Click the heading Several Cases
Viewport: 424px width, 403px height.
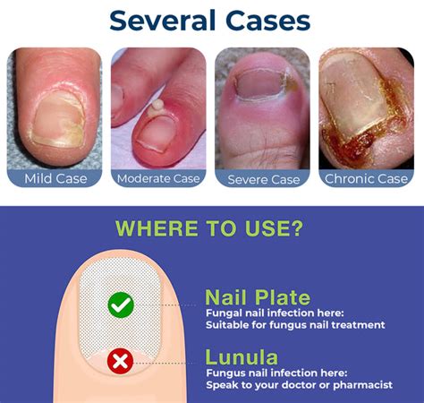pos(211,21)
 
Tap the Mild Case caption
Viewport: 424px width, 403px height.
pos(55,178)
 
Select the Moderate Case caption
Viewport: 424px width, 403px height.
pos(159,178)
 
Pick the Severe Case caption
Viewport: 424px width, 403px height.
pos(263,178)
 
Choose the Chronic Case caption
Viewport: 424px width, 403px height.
pos(368,178)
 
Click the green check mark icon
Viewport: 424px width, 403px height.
pos(120,305)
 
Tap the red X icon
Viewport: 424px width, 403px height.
pos(120,363)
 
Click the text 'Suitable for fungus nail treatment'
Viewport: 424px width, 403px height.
pos(294,324)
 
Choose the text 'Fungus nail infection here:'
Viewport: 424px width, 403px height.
pos(274,370)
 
